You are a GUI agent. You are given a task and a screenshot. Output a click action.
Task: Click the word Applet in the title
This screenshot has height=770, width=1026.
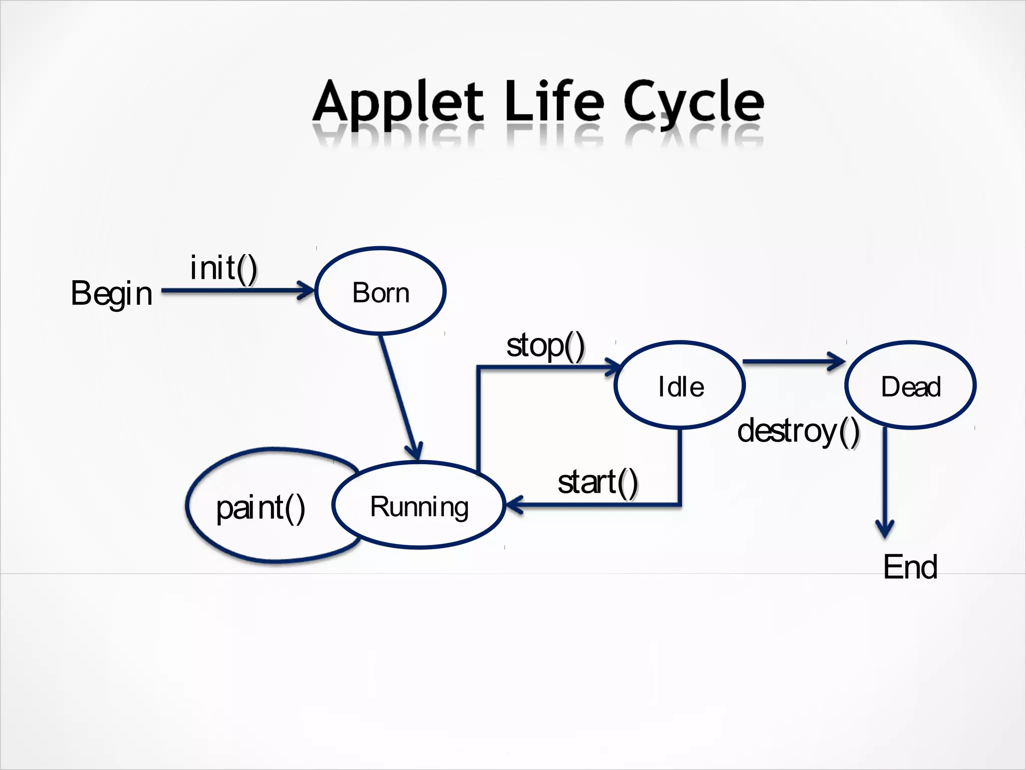pos(398,103)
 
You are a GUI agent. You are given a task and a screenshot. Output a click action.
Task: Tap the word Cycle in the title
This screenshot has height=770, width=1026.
pos(694,103)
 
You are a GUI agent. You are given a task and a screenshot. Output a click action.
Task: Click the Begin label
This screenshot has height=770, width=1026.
pos(111,294)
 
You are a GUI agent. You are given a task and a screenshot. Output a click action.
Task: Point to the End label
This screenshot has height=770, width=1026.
pos(910,567)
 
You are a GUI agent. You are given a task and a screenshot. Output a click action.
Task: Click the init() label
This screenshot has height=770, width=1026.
pos(223,268)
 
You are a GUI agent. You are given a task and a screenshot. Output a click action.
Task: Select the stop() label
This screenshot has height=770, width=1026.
pos(545,346)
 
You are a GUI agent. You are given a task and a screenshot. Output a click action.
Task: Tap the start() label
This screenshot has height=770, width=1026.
pos(597,482)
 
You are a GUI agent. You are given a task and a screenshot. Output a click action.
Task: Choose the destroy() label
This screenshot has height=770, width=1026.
pos(798,431)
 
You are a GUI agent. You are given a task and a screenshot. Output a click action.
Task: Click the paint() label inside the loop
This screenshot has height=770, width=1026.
pos(261,508)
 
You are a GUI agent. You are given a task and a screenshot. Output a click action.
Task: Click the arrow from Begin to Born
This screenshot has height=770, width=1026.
pos(235,290)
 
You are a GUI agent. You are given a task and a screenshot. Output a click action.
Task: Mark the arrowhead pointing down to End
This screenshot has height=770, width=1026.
pos(885,529)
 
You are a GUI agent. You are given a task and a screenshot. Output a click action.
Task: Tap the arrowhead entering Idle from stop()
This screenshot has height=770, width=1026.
pos(614,367)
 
